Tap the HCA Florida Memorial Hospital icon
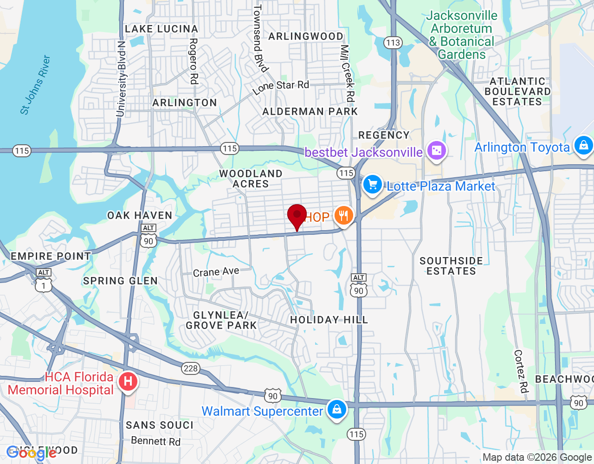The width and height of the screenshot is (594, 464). point(128,382)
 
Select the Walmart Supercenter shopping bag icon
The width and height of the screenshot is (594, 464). point(337,410)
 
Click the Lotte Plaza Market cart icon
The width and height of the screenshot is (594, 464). point(372,185)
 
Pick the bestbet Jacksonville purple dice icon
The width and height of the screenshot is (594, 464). point(436,150)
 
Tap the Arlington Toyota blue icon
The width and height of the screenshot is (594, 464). point(583,146)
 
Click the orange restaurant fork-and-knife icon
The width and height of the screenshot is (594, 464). point(343,216)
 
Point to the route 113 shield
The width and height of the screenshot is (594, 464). point(393,43)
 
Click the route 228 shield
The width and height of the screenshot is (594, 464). point(190,368)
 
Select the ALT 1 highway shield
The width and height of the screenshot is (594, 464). point(44,281)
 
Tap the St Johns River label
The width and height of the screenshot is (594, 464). point(35,84)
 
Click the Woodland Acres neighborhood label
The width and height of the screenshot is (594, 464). point(251,179)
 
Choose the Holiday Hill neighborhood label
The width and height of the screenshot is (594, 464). point(329,320)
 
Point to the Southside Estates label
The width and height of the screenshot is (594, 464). point(451,266)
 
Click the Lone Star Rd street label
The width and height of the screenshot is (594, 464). point(281,87)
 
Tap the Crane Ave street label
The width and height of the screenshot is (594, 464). point(216,272)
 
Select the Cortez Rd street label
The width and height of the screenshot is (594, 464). point(521,371)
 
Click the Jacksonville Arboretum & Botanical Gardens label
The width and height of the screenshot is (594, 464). point(462,35)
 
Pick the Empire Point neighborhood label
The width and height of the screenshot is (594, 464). point(51,256)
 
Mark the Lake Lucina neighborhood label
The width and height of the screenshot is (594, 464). point(161,29)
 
